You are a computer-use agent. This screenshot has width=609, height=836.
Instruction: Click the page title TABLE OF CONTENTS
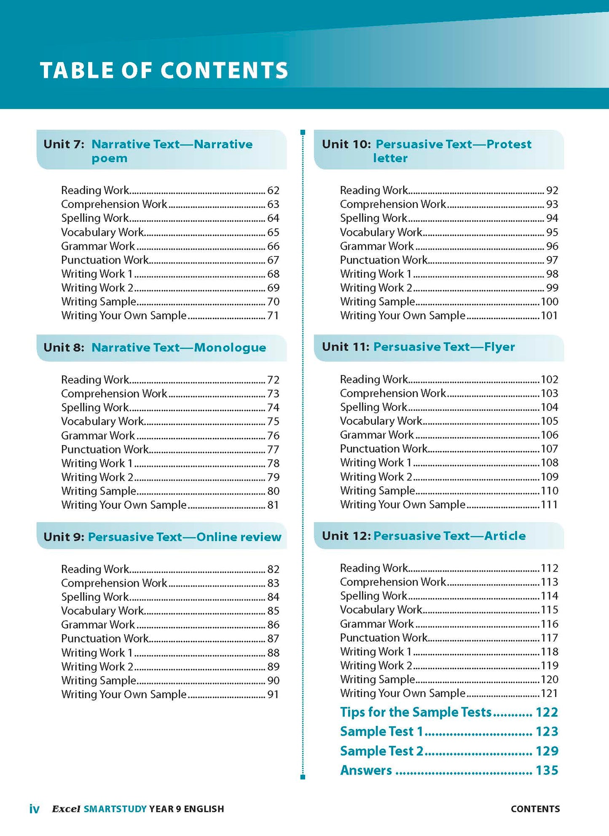(x=164, y=70)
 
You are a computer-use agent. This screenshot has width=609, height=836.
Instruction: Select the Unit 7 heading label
(x=64, y=144)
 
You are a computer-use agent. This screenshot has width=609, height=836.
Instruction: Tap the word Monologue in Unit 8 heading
(x=230, y=348)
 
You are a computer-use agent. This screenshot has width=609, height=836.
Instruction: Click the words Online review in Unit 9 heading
(x=239, y=537)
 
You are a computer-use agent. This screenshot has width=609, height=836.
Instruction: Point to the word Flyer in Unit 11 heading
(x=499, y=347)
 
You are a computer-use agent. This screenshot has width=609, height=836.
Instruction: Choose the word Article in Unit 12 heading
(x=505, y=536)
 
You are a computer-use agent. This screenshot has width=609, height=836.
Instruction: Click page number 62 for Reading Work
(x=273, y=191)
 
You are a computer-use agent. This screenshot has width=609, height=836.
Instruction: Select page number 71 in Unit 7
(x=273, y=316)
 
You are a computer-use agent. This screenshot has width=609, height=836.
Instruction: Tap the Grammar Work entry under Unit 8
(x=98, y=435)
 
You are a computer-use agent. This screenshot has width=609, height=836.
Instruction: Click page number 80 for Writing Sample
(x=273, y=491)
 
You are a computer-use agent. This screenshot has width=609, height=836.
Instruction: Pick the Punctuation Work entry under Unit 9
(x=105, y=639)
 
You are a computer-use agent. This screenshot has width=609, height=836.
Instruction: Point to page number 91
(x=273, y=694)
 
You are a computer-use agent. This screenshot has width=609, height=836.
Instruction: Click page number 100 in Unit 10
(x=549, y=302)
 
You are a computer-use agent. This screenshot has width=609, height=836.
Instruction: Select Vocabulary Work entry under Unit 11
(x=381, y=421)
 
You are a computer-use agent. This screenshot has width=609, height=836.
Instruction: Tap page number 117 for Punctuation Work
(x=549, y=638)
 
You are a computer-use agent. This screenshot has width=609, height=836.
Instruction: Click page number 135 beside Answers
(x=547, y=771)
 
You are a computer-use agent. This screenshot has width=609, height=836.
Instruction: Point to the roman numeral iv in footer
(x=34, y=809)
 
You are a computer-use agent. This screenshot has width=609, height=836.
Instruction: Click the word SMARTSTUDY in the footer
(x=115, y=809)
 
